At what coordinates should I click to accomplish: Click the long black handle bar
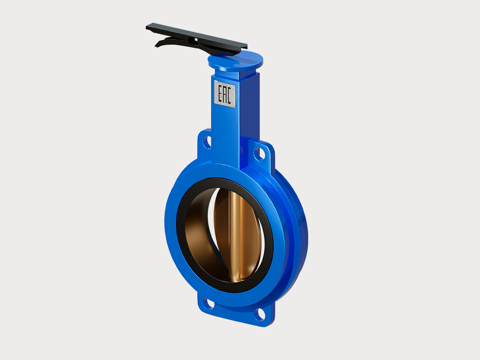pos(196,36)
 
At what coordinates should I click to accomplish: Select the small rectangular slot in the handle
pos(192,40)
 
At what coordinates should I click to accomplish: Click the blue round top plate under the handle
pos(235,60)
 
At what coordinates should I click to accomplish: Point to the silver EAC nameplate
pos(225,94)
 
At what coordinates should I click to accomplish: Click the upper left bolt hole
pos(207,142)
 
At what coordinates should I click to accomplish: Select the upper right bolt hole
pos(259,154)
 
